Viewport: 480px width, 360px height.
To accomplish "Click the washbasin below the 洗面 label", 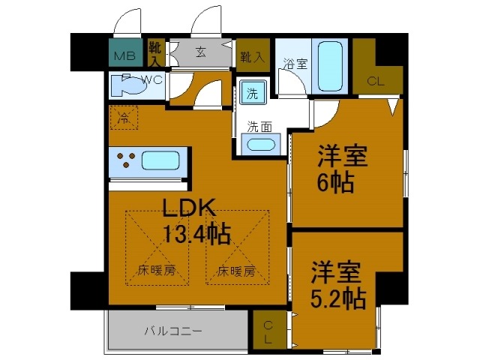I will pyautogui.click(x=260, y=145).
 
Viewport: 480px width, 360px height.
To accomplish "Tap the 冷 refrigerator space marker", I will pyautogui.click(x=124, y=118).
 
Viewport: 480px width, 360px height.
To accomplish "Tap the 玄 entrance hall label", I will pyautogui.click(x=202, y=52).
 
